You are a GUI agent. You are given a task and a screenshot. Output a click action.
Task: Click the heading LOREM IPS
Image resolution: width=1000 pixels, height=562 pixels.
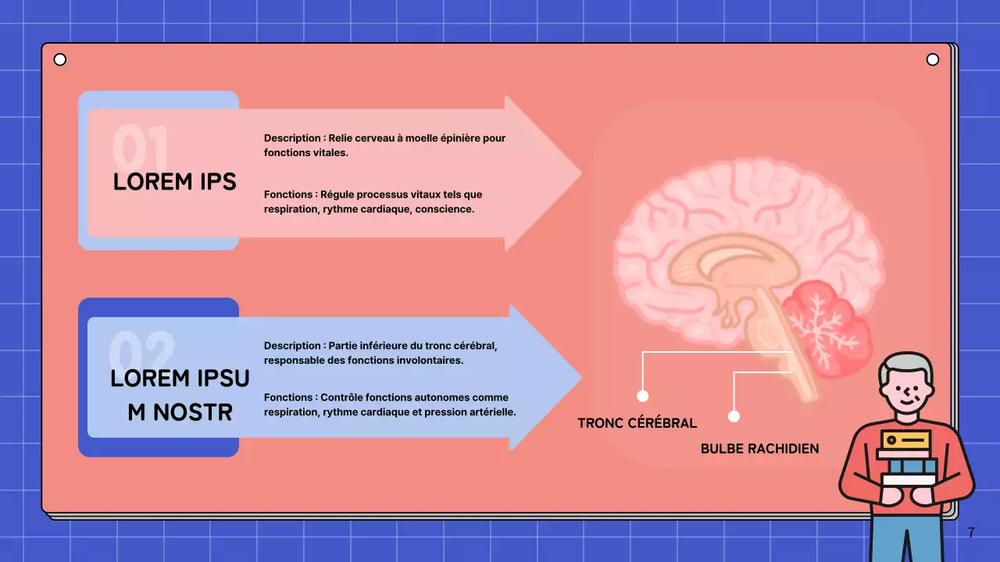174,181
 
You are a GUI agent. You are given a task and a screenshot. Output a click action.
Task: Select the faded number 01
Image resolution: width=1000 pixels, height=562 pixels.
141,145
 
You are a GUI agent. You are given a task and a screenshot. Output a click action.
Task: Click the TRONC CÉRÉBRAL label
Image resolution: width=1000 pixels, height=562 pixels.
637,423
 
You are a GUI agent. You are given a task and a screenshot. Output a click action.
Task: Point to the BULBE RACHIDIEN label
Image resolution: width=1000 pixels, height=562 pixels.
759,449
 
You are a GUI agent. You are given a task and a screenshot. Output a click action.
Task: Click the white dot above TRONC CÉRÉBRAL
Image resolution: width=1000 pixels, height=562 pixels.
643,396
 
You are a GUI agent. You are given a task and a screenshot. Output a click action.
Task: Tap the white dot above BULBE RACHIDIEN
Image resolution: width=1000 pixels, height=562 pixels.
734,416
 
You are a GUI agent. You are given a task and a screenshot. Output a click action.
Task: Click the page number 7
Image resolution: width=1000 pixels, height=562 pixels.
971,533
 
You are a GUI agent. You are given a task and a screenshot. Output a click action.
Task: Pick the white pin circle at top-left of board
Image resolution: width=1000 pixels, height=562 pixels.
59,60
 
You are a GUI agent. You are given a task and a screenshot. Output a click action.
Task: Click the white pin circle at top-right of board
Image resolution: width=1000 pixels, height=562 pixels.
932,60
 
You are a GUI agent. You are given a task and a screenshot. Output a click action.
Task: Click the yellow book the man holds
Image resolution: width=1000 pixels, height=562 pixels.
905,439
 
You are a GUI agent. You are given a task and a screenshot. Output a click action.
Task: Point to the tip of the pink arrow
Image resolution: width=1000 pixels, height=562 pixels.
580,173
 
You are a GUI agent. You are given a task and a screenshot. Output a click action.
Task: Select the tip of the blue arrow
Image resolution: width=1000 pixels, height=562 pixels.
580,378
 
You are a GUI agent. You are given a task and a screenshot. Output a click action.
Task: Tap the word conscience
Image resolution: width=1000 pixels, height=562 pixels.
447,209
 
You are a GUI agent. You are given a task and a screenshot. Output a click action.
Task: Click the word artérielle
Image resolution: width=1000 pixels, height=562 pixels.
490,412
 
